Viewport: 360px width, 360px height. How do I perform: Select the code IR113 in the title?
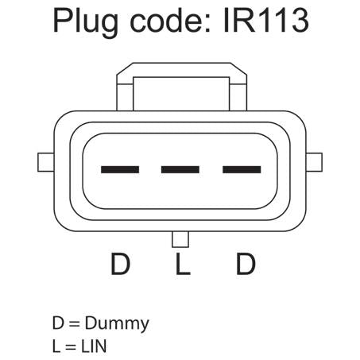click(x=266, y=21)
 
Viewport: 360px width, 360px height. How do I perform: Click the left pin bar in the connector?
click(x=120, y=169)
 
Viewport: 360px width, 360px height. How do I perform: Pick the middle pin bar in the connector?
click(x=180, y=169)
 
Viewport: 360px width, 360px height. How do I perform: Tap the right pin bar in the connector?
click(x=242, y=169)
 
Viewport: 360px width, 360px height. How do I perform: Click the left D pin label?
click(x=121, y=264)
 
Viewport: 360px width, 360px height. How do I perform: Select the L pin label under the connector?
click(x=183, y=264)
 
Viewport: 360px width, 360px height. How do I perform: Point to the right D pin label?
click(x=246, y=264)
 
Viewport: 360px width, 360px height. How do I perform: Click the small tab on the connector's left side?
click(x=46, y=162)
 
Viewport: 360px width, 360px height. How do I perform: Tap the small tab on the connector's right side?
click(x=314, y=162)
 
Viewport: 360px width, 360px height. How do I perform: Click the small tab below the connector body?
click(x=180, y=239)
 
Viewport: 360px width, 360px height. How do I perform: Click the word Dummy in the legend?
click(x=117, y=324)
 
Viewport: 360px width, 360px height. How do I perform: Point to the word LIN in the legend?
click(x=94, y=346)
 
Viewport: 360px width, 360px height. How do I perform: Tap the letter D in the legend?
click(x=58, y=323)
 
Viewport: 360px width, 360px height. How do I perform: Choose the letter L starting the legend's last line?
click(x=56, y=346)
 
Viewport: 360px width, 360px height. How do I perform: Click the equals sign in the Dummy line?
click(x=74, y=324)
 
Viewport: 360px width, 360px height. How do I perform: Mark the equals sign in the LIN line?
click(x=71, y=347)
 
